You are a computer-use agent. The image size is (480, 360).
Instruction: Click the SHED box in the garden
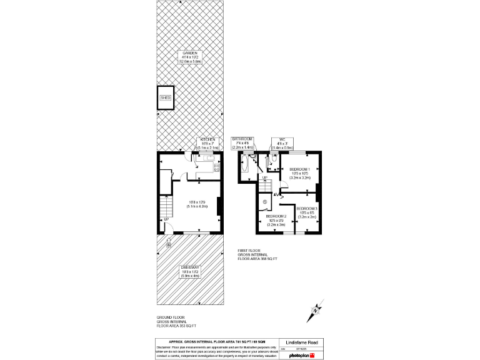pyautogui.click(x=165, y=98)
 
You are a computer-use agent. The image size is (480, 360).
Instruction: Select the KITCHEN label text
pyautogui.click(x=207, y=139)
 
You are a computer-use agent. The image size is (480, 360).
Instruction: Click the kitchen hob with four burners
pyautogui.click(x=216, y=167)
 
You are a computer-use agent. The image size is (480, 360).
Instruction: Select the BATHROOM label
pyautogui.click(x=242, y=139)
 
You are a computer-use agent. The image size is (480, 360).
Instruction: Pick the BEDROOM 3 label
pyautogui.click(x=307, y=208)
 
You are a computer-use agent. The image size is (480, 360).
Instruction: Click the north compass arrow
pyautogui.click(x=317, y=309)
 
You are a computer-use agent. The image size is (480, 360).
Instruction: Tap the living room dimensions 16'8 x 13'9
pyautogui.click(x=197, y=202)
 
